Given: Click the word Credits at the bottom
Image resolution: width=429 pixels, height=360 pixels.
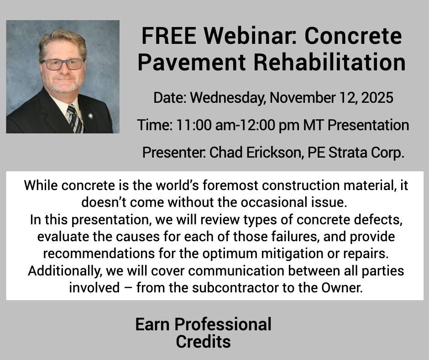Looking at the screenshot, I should (x=203, y=341).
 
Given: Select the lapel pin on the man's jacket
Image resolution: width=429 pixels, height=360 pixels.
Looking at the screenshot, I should (x=90, y=116).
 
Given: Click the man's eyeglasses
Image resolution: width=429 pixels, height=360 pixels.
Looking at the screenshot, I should (x=63, y=64).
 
